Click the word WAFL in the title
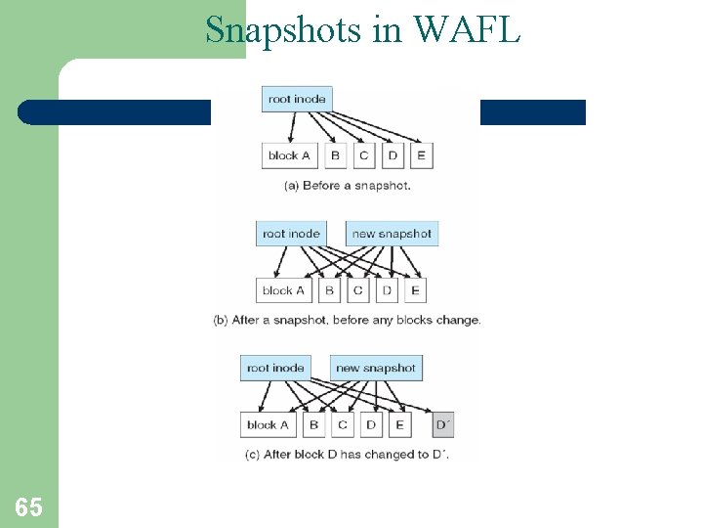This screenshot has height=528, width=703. (467, 29)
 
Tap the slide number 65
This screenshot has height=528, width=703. (28, 506)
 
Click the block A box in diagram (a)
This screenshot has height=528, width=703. (289, 154)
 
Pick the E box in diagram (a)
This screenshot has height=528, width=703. (421, 154)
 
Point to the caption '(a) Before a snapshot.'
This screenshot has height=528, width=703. (347, 185)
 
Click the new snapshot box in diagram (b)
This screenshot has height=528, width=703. (392, 234)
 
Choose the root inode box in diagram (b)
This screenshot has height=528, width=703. (291, 234)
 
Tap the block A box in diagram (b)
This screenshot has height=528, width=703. (283, 290)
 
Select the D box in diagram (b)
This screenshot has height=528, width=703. (387, 290)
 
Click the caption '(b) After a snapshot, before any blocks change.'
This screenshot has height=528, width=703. (347, 320)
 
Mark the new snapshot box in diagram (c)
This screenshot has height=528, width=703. (376, 369)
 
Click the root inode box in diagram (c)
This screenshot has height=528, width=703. (275, 369)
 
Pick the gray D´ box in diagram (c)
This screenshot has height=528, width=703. (442, 424)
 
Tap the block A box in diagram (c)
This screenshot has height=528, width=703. (268, 424)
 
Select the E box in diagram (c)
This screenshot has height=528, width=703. (399, 424)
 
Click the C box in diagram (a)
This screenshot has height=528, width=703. (363, 154)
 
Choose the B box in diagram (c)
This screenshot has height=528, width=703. (313, 424)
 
